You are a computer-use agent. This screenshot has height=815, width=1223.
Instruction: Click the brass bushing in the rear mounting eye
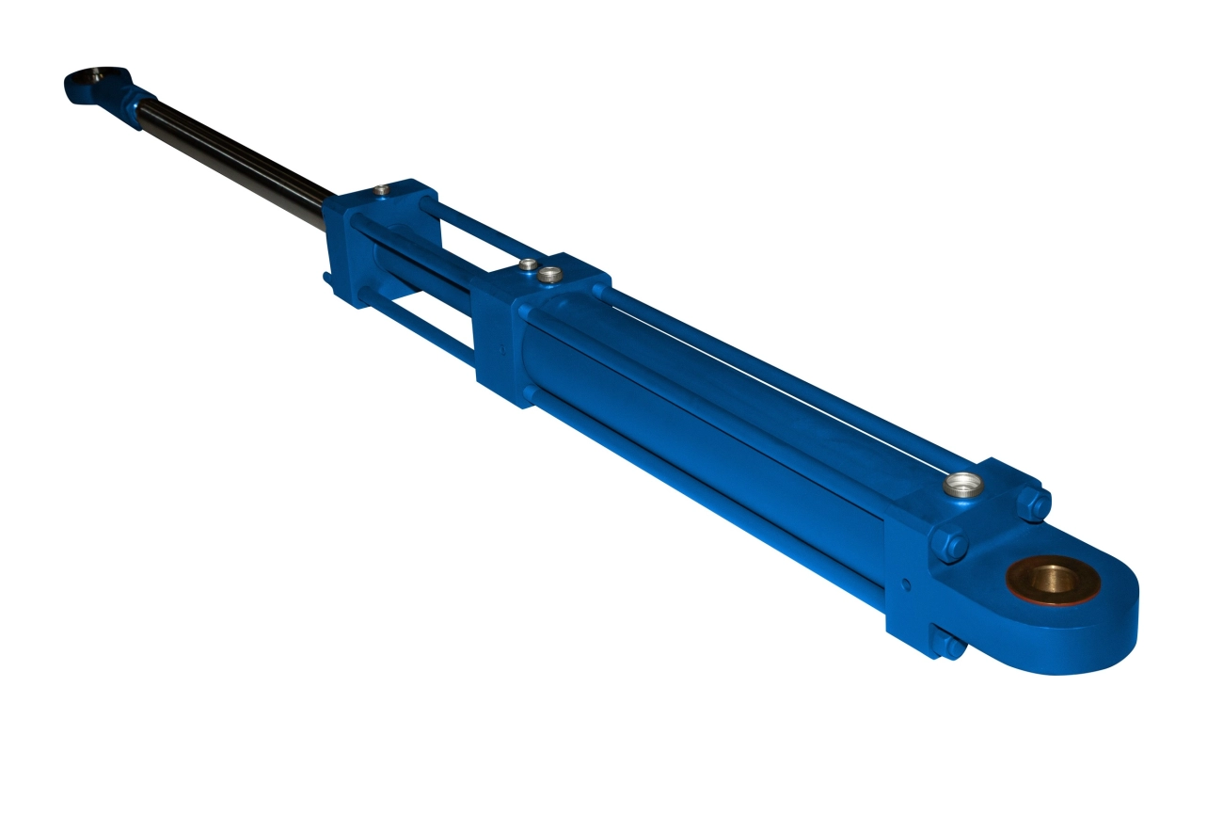pyautogui.click(x=1052, y=582)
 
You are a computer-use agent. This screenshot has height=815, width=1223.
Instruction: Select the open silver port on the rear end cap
pyautogui.click(x=961, y=486)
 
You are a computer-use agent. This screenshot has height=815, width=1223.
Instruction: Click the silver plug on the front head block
pyautogui.click(x=379, y=191)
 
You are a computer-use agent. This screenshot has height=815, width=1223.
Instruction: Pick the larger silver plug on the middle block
pyautogui.click(x=548, y=275)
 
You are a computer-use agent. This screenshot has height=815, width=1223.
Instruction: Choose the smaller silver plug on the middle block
pyautogui.click(x=529, y=264)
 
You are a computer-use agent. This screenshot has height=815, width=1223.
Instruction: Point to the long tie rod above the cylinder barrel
pyautogui.click(x=781, y=376)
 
